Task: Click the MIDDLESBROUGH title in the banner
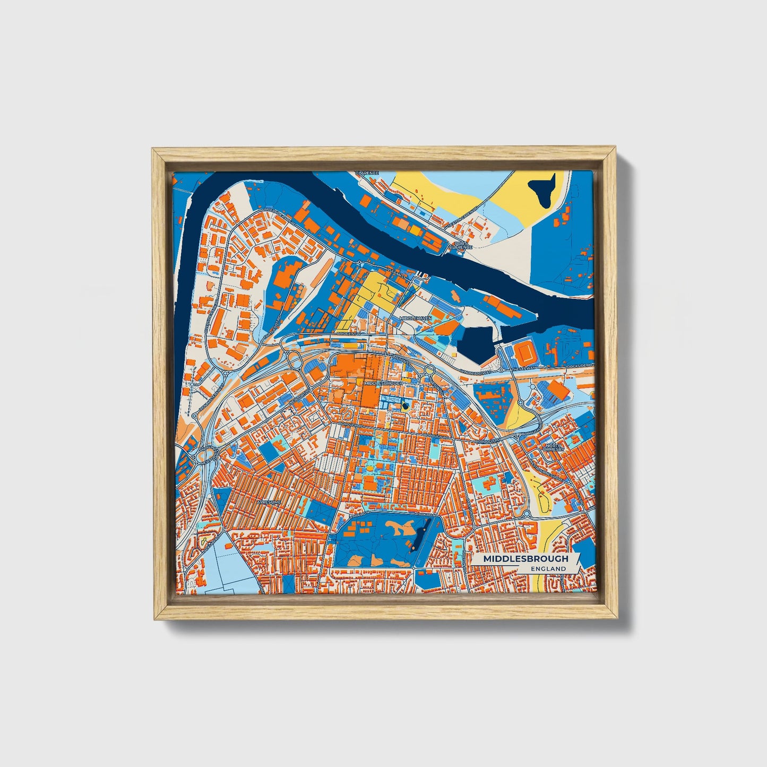pyautogui.click(x=525, y=558)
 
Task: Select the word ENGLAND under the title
pyautogui.click(x=548, y=568)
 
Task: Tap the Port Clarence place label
pyautogui.click(x=460, y=244)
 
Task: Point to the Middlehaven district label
pyautogui.click(x=416, y=318)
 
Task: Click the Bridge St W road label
pyautogui.click(x=349, y=334)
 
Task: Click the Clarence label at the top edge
pyautogui.click(x=367, y=174)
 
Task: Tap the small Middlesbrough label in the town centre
pyautogui.click(x=383, y=383)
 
